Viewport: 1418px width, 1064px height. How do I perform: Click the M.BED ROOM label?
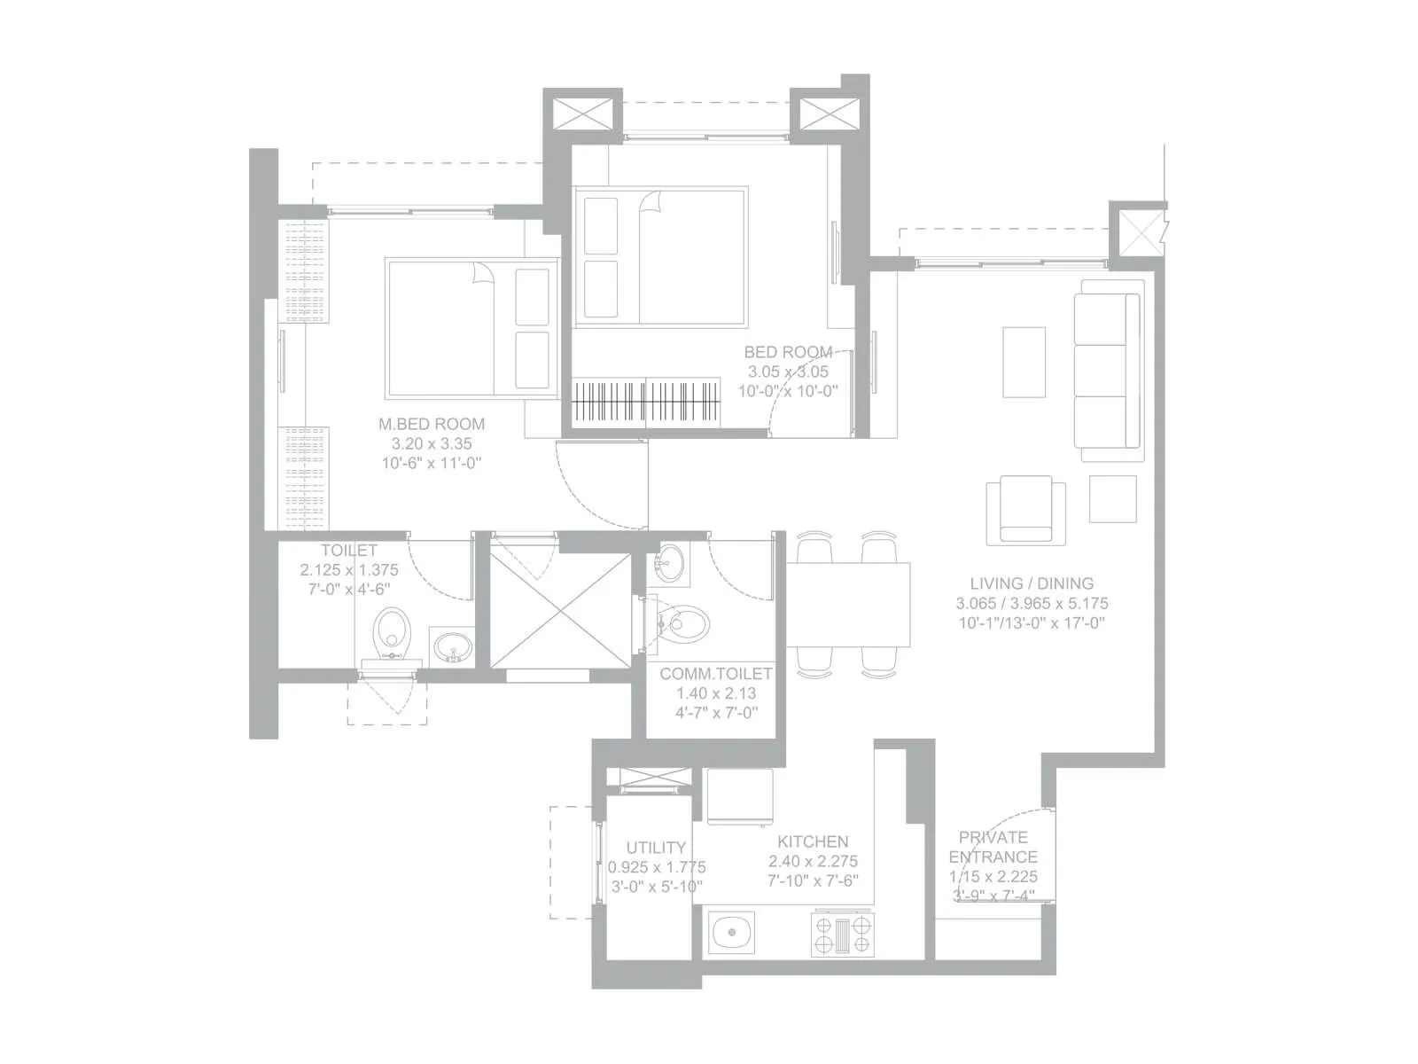coord(432,424)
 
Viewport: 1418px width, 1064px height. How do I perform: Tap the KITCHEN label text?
coord(813,841)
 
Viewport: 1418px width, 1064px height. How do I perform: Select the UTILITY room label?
coord(656,848)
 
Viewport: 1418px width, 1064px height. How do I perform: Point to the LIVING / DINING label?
coord(1032,583)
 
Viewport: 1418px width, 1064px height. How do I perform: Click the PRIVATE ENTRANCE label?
coord(993,847)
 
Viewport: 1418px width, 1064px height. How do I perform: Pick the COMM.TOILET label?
coord(716,674)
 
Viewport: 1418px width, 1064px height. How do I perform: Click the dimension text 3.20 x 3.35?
coord(432,443)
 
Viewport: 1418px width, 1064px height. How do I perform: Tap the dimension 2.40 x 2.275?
coord(813,861)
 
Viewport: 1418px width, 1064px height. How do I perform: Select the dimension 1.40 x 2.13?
coord(716,693)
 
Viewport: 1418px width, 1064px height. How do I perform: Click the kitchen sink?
coord(731,933)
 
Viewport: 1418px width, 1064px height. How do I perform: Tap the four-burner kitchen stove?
coord(842,935)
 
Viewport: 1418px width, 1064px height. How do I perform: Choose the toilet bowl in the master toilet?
coord(389,631)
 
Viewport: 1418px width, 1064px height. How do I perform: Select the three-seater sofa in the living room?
coord(1108,371)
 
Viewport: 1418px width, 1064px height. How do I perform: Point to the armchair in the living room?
coord(1025,510)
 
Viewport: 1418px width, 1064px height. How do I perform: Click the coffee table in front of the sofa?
coord(1024,363)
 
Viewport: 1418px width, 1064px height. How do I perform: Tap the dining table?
coord(849,606)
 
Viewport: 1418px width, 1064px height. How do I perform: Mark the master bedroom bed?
coord(472,328)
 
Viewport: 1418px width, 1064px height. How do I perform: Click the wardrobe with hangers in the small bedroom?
coord(644,402)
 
